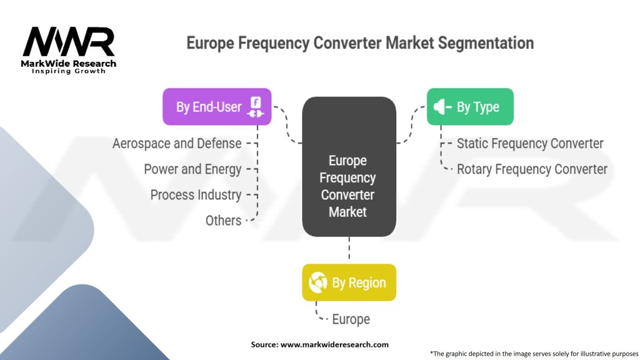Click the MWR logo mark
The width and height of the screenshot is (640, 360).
[69, 42]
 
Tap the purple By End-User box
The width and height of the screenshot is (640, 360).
[217, 106]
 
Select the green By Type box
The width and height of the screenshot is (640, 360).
[470, 106]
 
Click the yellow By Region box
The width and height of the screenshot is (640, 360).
[349, 282]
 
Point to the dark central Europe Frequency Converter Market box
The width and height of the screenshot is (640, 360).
[349, 166]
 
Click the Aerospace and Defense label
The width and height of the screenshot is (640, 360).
[177, 144]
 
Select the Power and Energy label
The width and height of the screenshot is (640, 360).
[192, 169]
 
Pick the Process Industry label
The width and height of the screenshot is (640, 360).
[196, 195]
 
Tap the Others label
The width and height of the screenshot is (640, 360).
[223, 221]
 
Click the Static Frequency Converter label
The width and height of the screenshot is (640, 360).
[530, 144]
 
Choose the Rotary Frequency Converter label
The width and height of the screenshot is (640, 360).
[532, 169]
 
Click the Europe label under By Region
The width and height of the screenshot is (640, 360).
[351, 319]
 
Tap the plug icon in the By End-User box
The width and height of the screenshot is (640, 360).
[256, 107]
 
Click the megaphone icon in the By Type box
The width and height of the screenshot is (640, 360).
[442, 107]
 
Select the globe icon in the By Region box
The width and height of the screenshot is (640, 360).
[318, 282]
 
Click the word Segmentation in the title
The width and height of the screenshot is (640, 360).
[486, 43]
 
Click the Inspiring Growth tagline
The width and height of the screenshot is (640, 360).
[69, 71]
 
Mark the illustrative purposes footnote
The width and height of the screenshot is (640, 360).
[534, 354]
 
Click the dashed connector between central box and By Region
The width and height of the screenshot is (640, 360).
[349, 247]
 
